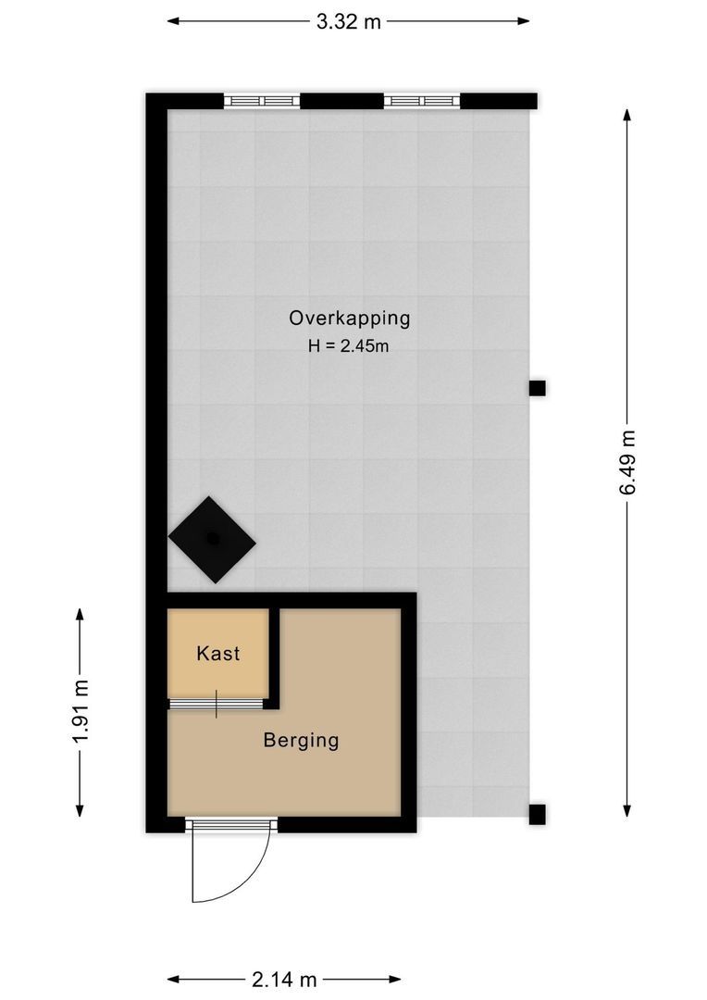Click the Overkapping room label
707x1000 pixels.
pos(349,319)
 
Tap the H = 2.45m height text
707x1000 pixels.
pos(349,346)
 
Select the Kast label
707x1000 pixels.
pos(218,654)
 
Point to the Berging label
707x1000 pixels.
pos(301,741)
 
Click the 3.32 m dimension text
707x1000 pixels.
pos(348,22)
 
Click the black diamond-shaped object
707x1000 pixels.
pos(212,540)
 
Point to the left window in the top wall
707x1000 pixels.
pos(262,101)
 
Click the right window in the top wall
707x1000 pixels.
pos(421,101)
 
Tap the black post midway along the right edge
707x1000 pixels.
pos(537,388)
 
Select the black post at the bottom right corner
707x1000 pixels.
pos(537,815)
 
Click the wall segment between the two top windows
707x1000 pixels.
pos(341,101)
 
